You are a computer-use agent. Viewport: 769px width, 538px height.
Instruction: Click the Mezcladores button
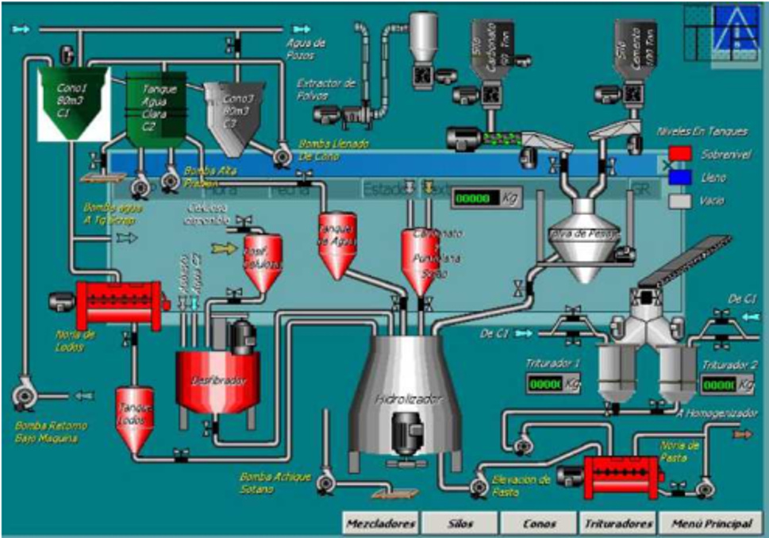point(380,524)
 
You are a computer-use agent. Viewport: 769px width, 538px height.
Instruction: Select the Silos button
point(459,524)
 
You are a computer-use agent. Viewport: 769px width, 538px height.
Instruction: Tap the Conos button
point(539,524)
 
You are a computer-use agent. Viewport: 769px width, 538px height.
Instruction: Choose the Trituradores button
point(618,524)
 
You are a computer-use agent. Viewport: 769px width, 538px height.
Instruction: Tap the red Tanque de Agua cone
point(336,244)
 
